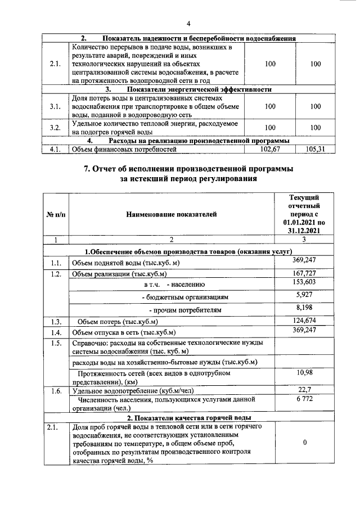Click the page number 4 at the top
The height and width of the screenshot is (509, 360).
coord(188,24)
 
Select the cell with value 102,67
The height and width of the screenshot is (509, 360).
coord(270,149)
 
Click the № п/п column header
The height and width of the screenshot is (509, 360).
coord(54,214)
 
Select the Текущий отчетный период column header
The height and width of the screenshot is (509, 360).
coord(304,214)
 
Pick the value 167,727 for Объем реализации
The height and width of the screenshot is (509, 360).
coord(304,273)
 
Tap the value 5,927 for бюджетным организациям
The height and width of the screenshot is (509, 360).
coord(304,294)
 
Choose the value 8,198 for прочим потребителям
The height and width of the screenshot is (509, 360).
coord(304,308)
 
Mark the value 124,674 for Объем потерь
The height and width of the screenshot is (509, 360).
coord(304,321)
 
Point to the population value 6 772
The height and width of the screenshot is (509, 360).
coord(304,399)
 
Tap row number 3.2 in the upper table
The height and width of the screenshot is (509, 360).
coord(55,128)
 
